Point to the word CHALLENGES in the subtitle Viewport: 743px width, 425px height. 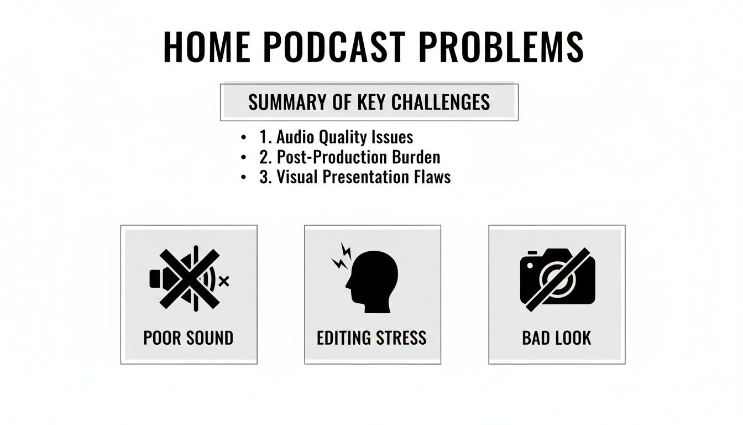(440, 102)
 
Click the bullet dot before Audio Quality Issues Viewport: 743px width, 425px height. (244, 137)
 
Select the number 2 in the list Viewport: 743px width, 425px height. (263, 157)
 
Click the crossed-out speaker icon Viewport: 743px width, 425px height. (188, 278)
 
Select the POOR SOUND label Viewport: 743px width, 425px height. (189, 338)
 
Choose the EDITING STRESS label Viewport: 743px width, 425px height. (371, 338)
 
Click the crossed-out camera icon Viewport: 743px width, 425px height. (557, 278)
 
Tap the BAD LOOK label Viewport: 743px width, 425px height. (556, 338)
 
